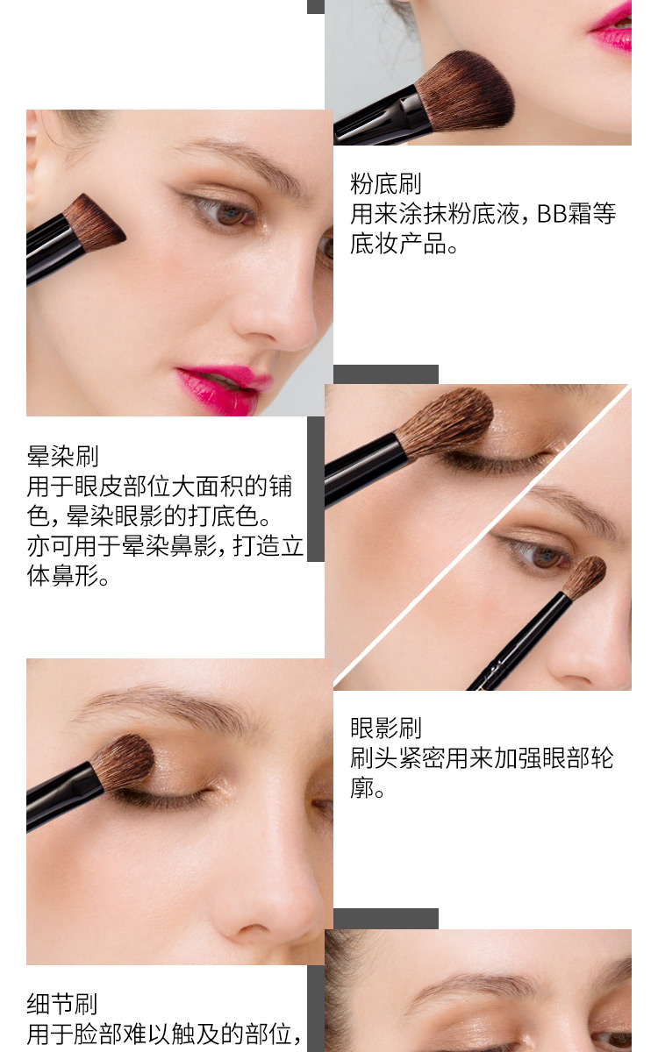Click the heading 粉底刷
coord(385,183)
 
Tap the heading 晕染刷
coord(62,456)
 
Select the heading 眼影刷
coord(385,728)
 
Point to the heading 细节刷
coord(62,1004)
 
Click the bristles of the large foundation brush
coord(465,91)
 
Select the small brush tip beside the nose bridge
coord(584,577)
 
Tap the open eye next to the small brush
coord(540,554)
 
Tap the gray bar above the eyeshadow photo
coord(386,374)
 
